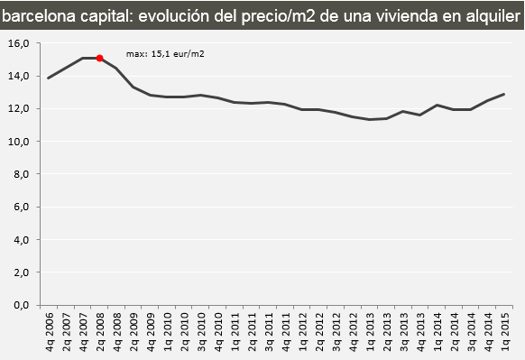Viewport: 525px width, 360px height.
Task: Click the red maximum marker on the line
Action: (99, 58)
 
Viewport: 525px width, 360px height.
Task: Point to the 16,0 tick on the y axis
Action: (20, 43)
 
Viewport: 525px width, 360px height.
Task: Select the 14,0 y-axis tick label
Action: (20, 76)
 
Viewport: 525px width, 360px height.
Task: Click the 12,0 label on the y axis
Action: (20, 108)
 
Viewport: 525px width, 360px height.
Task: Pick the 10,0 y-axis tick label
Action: (20, 142)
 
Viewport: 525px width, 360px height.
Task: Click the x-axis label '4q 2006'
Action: (49, 332)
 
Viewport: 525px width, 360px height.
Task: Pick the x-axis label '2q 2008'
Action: (99, 332)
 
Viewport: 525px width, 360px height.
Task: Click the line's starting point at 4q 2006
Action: (49, 78)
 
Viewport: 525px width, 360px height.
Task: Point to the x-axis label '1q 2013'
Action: (369, 332)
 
